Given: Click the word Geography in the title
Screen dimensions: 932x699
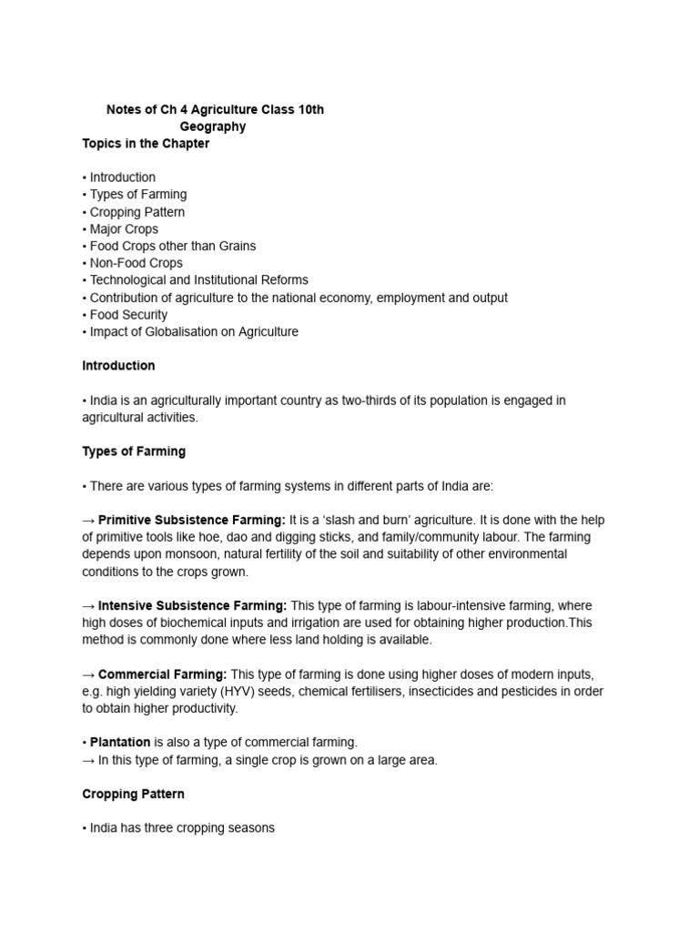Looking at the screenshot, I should (x=212, y=127).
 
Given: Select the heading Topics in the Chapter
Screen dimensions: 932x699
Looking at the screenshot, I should (x=146, y=144).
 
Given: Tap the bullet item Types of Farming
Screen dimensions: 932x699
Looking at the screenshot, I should (x=137, y=195).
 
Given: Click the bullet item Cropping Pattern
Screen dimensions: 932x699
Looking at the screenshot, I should (x=137, y=212).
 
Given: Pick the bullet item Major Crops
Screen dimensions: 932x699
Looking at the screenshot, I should (x=123, y=229).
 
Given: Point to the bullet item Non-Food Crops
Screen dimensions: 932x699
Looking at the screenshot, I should (x=136, y=263).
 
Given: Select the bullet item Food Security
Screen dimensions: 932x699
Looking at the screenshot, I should (x=128, y=315).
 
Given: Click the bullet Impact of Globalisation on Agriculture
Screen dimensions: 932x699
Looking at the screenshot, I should (x=193, y=332).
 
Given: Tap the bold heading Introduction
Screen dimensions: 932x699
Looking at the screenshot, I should (x=118, y=366).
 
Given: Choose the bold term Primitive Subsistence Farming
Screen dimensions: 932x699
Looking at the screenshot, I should (x=191, y=521).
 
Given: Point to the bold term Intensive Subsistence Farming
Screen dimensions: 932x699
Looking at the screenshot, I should (x=192, y=605).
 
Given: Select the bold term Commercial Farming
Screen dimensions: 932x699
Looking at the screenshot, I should (x=162, y=674).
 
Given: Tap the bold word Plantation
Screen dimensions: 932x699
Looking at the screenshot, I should (x=120, y=743).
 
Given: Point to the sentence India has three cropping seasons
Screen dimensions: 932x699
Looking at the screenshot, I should (x=181, y=828).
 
